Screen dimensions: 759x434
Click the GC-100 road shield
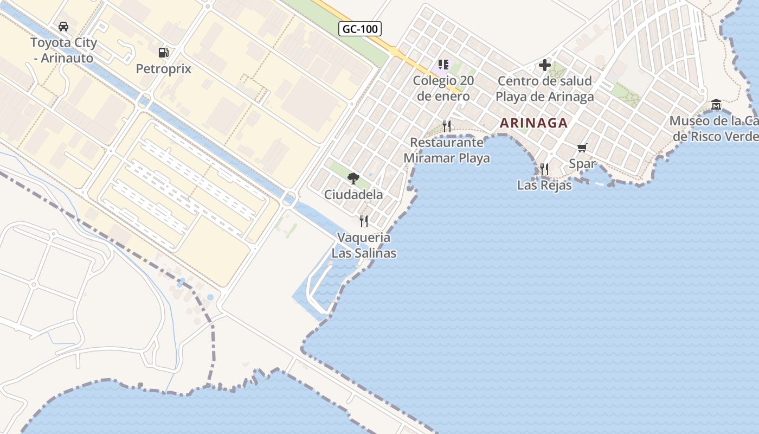360,29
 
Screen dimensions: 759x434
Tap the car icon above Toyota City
63,27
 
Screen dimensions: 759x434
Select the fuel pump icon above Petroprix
163,53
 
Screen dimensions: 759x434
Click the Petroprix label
163,69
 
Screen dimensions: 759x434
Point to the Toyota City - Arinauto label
63,50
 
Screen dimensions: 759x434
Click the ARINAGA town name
533,123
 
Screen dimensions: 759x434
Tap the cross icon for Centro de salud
545,66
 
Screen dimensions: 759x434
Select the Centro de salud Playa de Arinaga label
545,89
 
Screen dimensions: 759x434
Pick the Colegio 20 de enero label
441,88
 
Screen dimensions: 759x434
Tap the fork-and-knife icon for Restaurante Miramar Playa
447,126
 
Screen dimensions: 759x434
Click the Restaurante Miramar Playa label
447,150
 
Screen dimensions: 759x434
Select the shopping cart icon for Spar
582,148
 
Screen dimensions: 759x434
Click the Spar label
582,163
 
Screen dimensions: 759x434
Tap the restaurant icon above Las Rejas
544,169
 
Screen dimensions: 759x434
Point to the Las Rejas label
544,185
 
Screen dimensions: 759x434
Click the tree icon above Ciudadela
353,178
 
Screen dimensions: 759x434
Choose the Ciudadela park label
353,194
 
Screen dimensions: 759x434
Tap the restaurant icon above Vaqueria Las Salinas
364,221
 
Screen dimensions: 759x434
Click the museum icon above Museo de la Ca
716,104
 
